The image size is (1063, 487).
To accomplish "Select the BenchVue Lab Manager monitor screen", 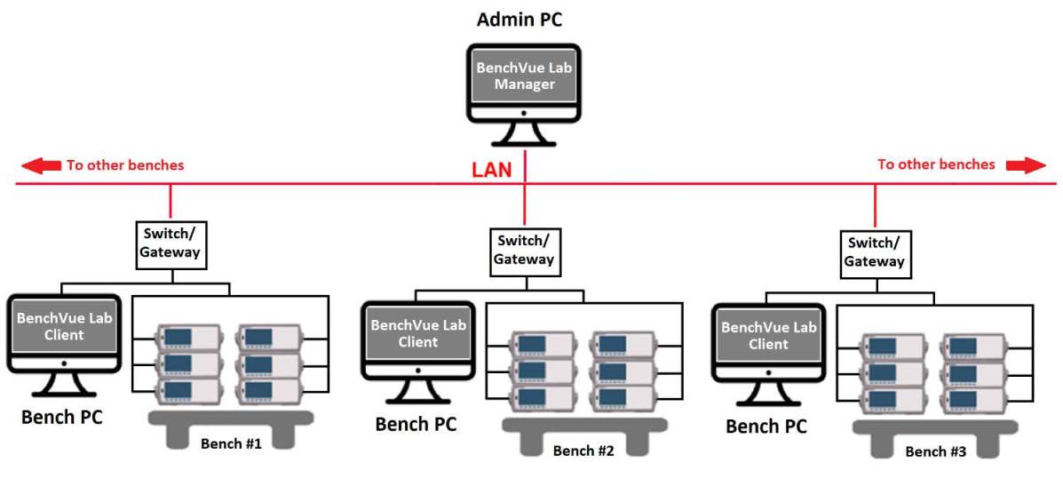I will (524, 76).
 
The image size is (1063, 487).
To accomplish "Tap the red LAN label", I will (491, 170).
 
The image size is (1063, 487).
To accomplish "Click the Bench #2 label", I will (583, 450).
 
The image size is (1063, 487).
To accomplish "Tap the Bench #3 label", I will (935, 451).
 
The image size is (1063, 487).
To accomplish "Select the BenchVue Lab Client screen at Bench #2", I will (417, 333).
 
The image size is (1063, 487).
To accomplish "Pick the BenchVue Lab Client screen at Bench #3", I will (768, 335).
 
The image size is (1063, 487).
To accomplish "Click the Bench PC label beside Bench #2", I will (416, 423).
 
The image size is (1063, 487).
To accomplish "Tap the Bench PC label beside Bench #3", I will (766, 426).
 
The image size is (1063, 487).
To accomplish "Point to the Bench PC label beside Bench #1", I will (62, 416).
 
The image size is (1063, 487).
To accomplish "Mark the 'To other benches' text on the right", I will (936, 164).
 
